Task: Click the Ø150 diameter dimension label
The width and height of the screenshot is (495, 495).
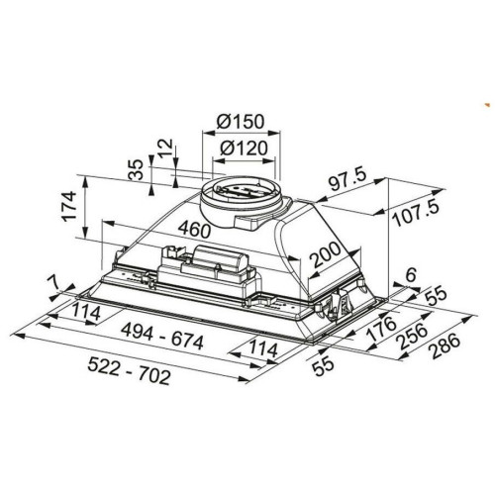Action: pyautogui.click(x=241, y=122)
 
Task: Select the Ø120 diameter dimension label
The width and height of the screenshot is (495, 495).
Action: pyautogui.click(x=244, y=148)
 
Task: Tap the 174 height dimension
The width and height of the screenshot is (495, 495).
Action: pyautogui.click(x=69, y=206)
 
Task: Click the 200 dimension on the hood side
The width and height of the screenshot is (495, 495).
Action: pyautogui.click(x=326, y=254)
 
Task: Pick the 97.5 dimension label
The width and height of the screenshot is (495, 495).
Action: pyautogui.click(x=348, y=181)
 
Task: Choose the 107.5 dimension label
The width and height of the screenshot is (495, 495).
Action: pyautogui.click(x=417, y=214)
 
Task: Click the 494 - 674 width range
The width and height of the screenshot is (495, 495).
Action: pyautogui.click(x=162, y=337)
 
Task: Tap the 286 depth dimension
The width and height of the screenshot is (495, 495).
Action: pyautogui.click(x=445, y=346)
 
